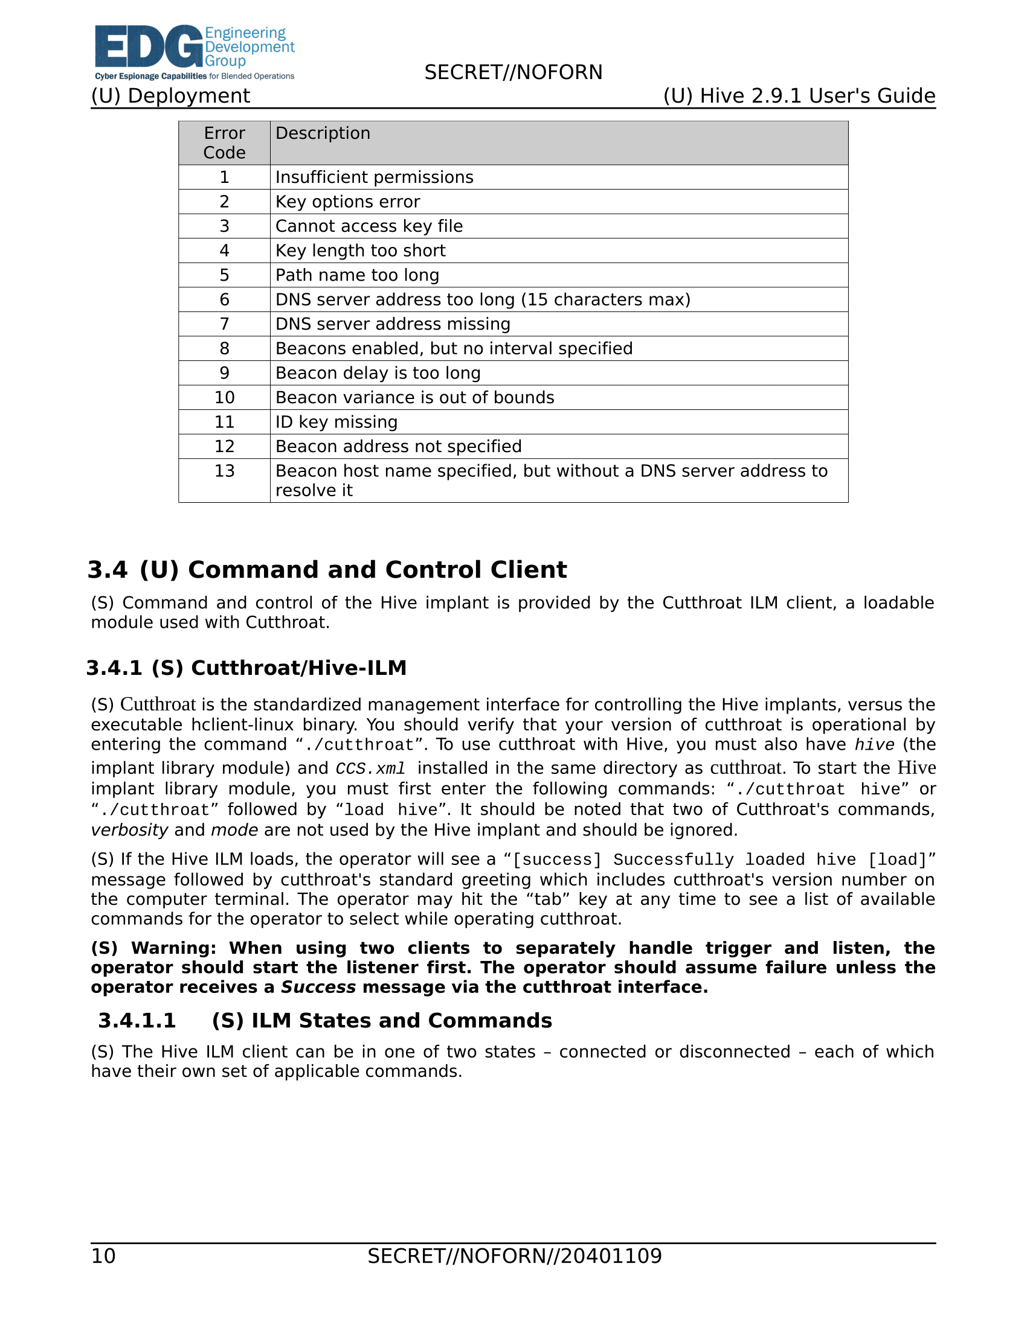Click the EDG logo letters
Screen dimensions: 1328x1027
[149, 46]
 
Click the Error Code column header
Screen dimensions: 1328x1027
[224, 143]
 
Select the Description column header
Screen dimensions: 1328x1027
[323, 133]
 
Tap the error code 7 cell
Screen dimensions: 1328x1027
[224, 324]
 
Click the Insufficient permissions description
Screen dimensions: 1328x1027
[374, 177]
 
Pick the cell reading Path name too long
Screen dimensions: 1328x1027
[357, 275]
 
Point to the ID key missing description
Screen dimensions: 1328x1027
[336, 422]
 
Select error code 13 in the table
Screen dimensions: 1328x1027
[224, 471]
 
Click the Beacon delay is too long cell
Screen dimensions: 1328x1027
[378, 373]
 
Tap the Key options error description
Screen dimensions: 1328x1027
[347, 202]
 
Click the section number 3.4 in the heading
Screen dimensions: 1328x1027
[108, 570]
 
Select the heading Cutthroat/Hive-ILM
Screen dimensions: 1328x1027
[298, 668]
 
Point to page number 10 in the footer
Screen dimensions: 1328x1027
[103, 1256]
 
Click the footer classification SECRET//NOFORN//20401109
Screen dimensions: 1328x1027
[514, 1256]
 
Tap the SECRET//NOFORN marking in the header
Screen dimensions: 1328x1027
[513, 72]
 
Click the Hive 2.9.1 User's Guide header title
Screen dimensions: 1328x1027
[799, 96]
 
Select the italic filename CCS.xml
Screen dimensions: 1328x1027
[370, 768]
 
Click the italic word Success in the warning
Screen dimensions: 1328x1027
[318, 987]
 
